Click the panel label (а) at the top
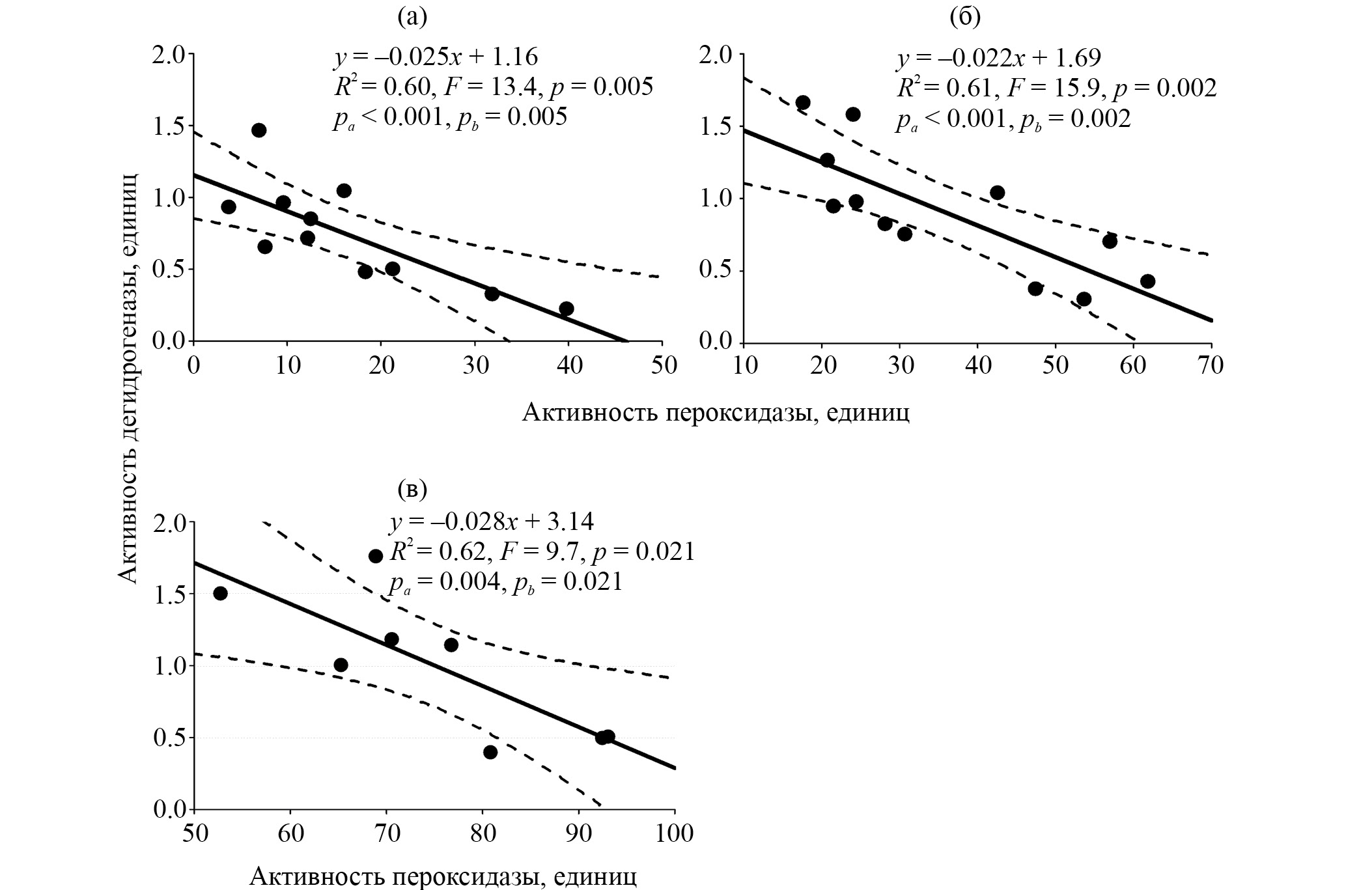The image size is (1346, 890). [x=412, y=18]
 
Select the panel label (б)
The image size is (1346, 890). [x=965, y=18]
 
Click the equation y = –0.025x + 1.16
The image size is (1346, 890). [x=436, y=57]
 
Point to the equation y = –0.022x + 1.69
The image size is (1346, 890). [x=999, y=58]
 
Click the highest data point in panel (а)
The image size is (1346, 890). [x=259, y=130]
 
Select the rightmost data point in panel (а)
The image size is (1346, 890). [x=567, y=309]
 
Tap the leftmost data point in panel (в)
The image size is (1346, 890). [x=220, y=593]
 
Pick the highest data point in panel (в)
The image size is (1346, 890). [x=375, y=556]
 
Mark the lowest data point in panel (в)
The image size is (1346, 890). [x=490, y=752]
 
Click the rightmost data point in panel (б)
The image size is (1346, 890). [x=1148, y=281]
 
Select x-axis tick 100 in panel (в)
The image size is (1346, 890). [x=675, y=833]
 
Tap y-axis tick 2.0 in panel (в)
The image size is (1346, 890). [x=171, y=523]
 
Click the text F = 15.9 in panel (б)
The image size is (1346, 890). [x=1060, y=89]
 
